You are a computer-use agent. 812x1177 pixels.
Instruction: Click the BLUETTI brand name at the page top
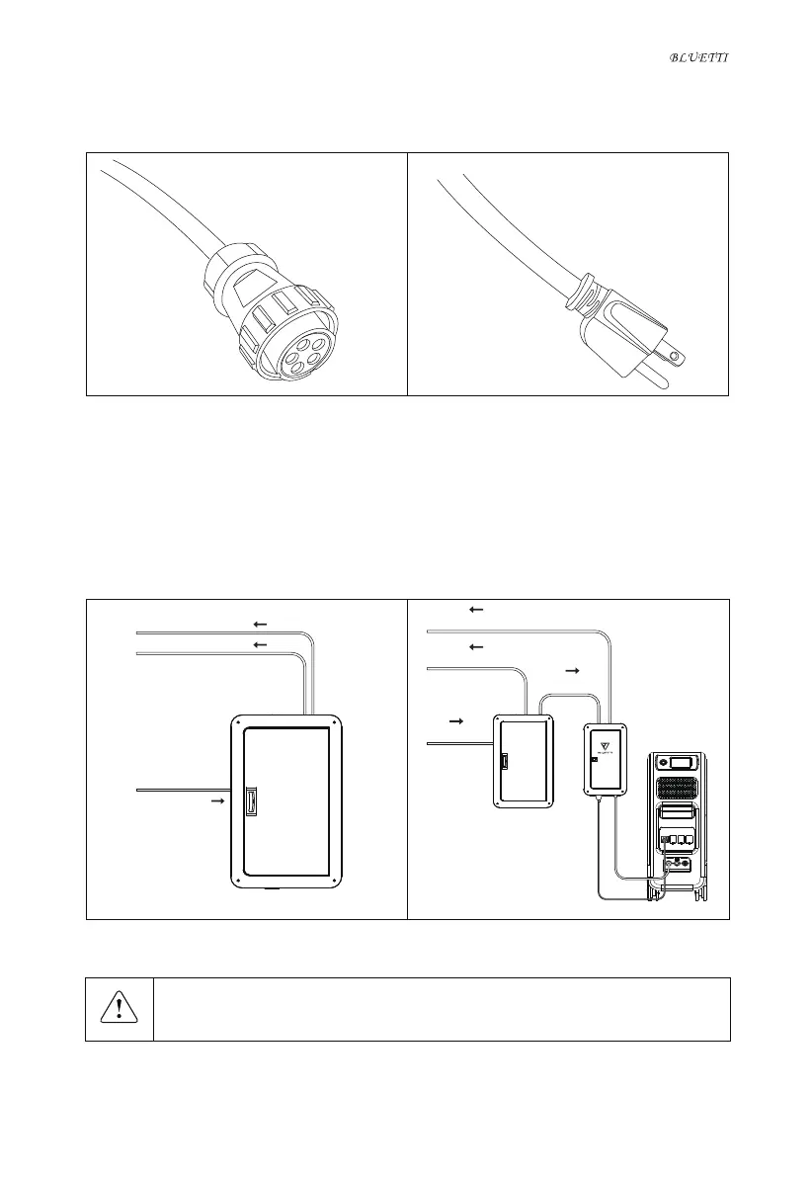[698, 58]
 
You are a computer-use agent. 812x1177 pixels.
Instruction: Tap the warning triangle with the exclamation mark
[119, 1008]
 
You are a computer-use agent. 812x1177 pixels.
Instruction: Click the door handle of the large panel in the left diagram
[251, 801]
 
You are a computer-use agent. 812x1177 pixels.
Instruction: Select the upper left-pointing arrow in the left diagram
[260, 625]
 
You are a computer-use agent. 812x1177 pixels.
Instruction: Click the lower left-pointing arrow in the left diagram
[260, 644]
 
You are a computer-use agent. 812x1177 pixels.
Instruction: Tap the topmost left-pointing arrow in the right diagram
[476, 610]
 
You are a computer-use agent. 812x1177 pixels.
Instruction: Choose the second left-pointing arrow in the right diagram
[476, 646]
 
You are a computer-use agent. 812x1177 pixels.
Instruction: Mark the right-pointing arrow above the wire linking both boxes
[571, 670]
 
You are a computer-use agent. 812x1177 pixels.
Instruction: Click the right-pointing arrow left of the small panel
[456, 722]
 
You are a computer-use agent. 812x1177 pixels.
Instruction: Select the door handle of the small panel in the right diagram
[504, 762]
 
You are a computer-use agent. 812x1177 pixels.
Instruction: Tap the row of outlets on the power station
[678, 839]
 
